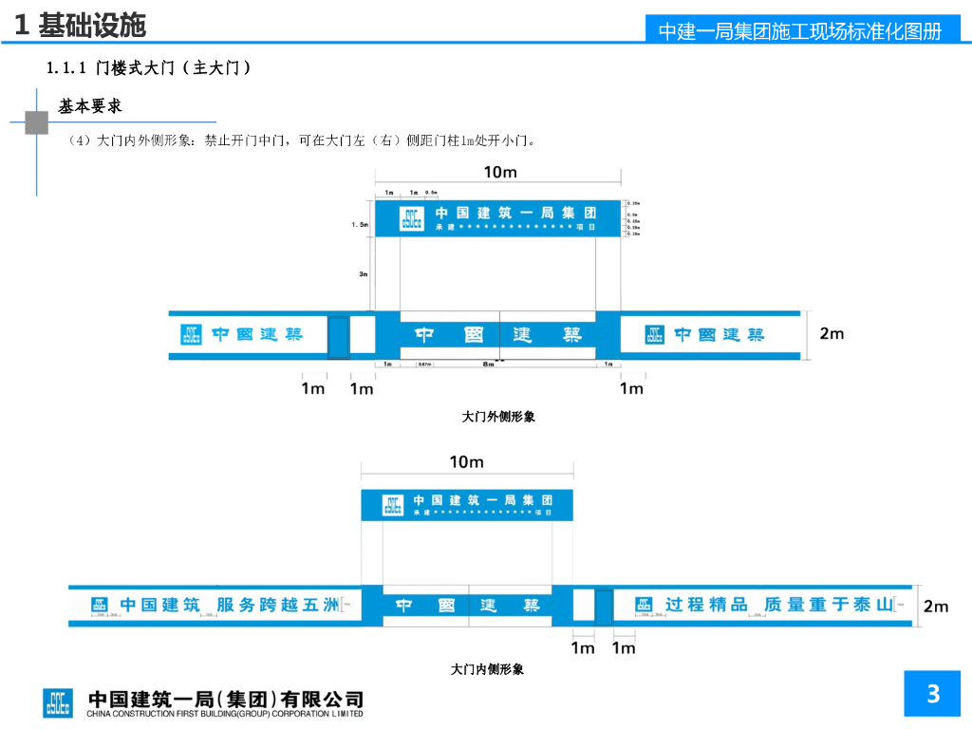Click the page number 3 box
pyautogui.click(x=933, y=694)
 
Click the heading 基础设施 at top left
pyautogui.click(x=92, y=25)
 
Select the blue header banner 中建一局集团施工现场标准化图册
pyautogui.click(x=799, y=30)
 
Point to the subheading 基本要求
pyautogui.click(x=90, y=106)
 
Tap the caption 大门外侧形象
pyautogui.click(x=498, y=417)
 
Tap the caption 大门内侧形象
pyautogui.click(x=487, y=669)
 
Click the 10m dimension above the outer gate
pyautogui.click(x=500, y=172)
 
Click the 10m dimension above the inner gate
pyautogui.click(x=466, y=462)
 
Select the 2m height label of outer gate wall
pyautogui.click(x=832, y=333)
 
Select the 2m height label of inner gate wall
pyautogui.click(x=936, y=606)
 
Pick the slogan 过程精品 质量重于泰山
pyautogui.click(x=778, y=605)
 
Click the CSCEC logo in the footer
pyautogui.click(x=57, y=702)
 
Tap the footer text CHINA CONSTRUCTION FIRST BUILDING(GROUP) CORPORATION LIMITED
pyautogui.click(x=225, y=714)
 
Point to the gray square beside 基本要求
pyautogui.click(x=37, y=122)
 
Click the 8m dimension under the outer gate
pyautogui.click(x=488, y=364)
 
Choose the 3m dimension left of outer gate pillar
pyautogui.click(x=363, y=274)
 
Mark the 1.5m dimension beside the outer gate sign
pyautogui.click(x=360, y=224)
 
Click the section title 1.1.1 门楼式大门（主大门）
pyautogui.click(x=149, y=68)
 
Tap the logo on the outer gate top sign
pyautogui.click(x=410, y=218)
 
